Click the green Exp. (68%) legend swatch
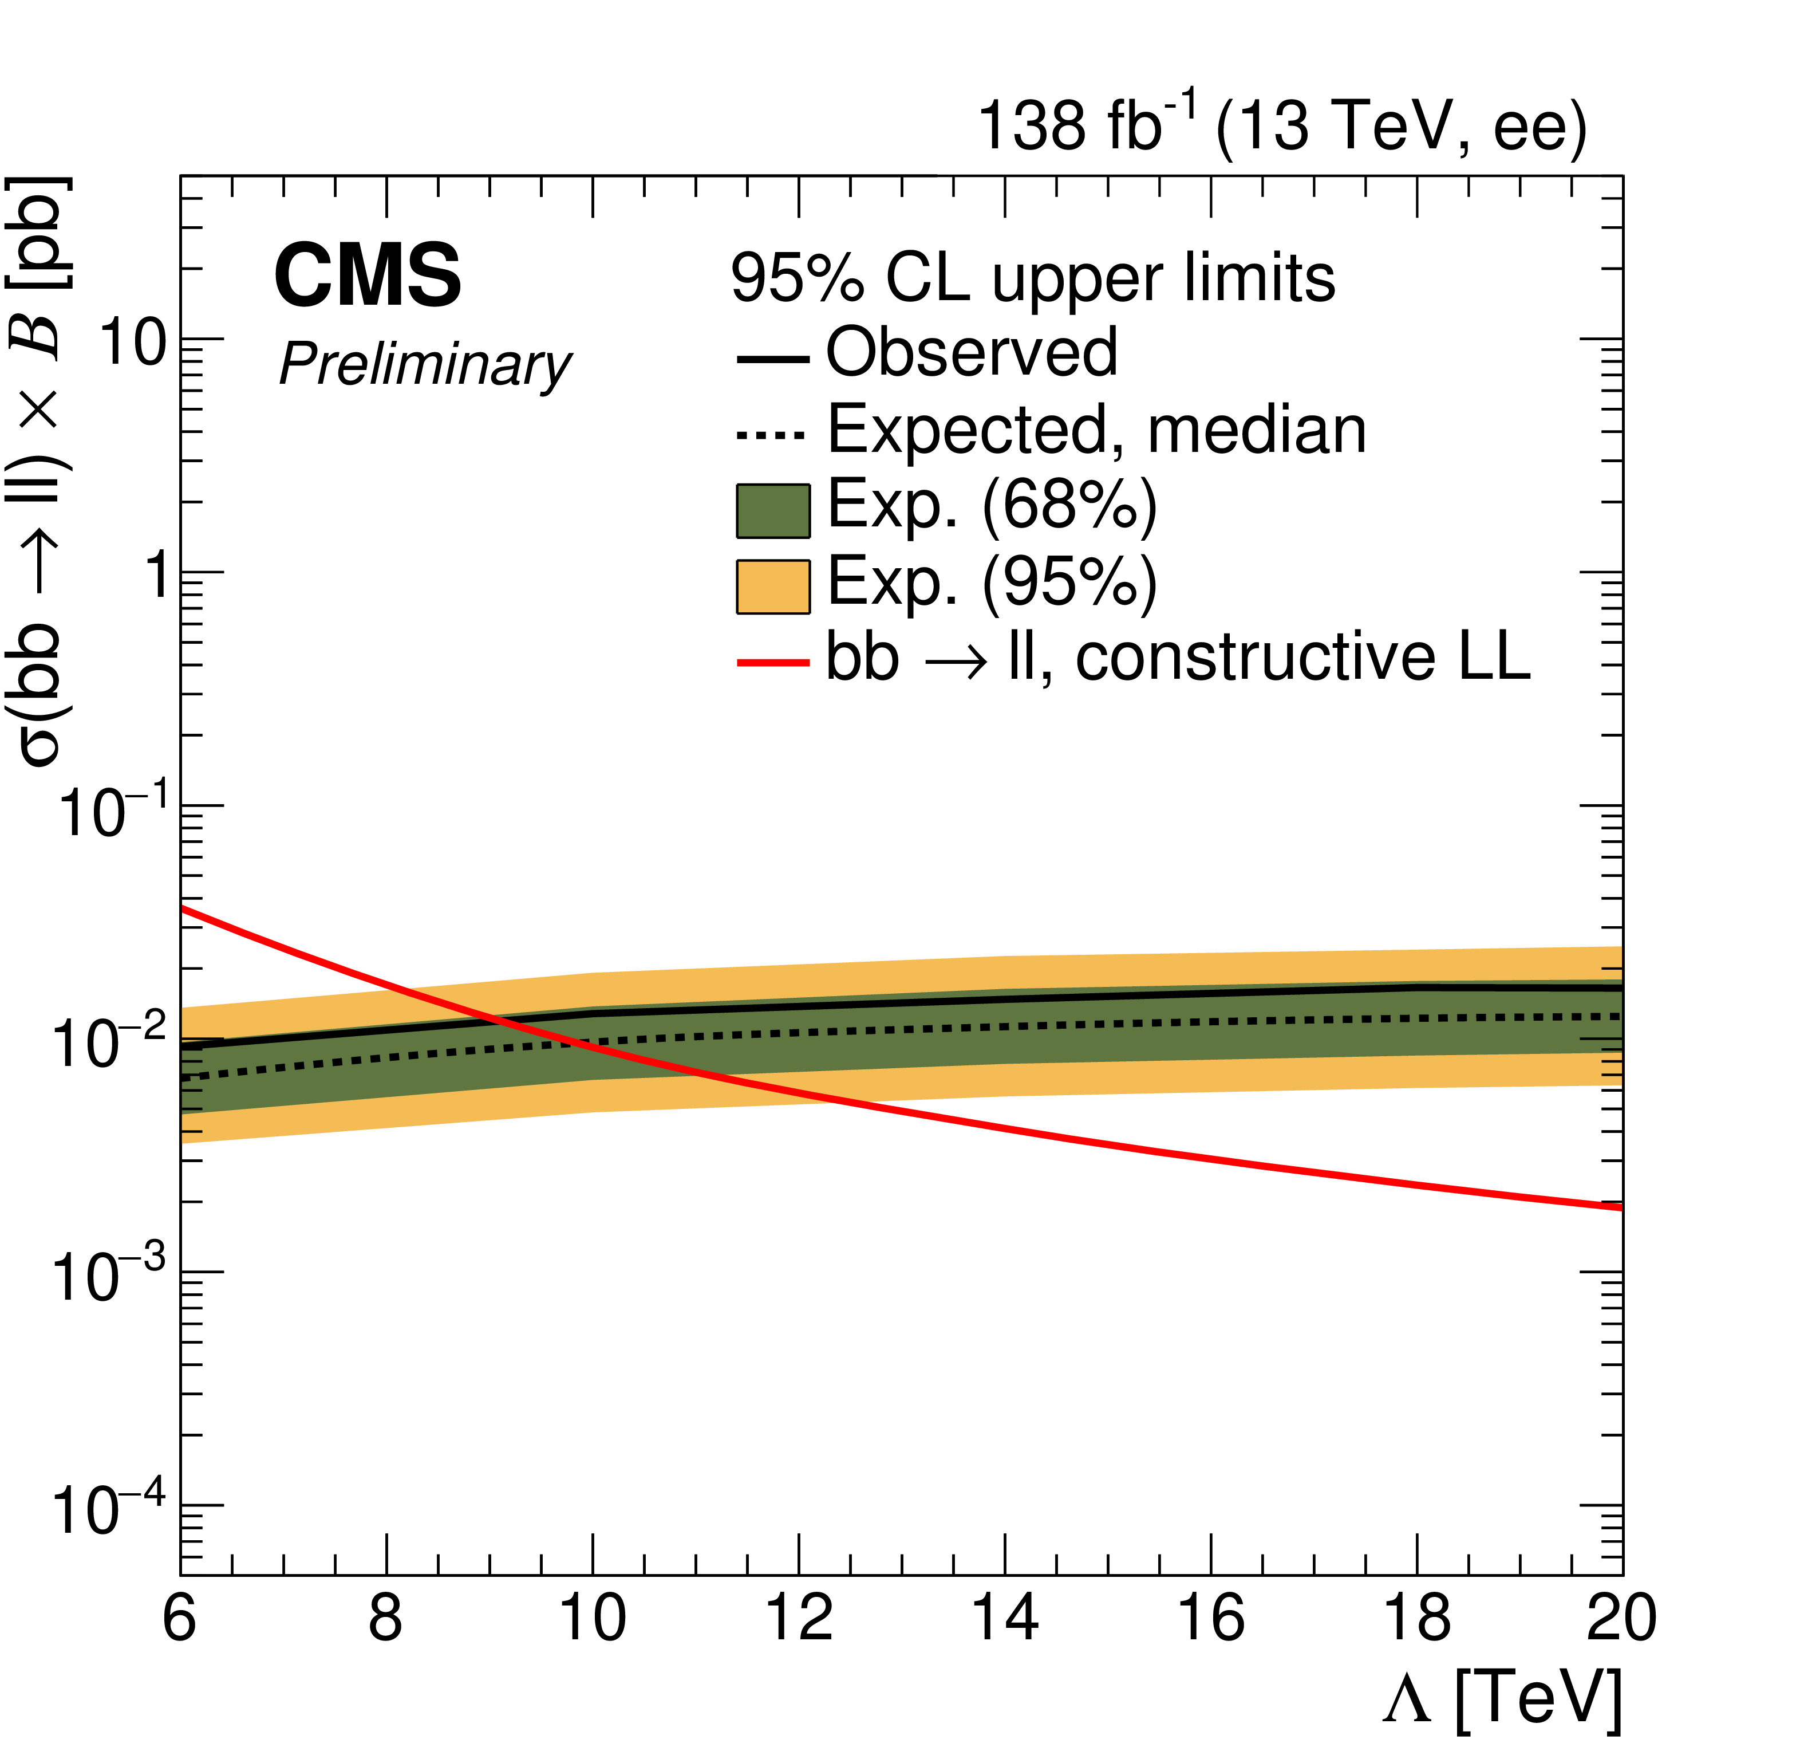click(x=773, y=511)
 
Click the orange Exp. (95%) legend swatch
click(x=773, y=587)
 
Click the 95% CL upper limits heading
click(x=1033, y=277)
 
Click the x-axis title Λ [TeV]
click(x=1502, y=1697)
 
